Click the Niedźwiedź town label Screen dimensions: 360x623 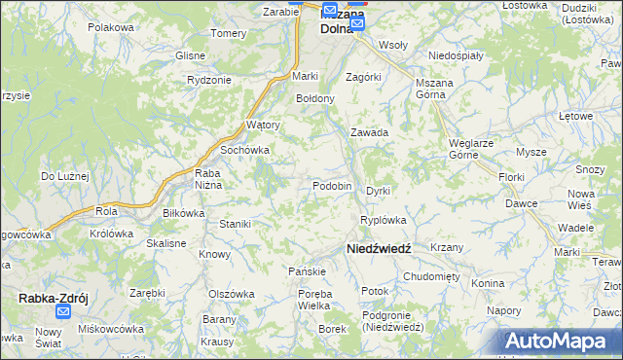pos(379,249)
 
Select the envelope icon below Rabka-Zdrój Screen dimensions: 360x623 pos(63,312)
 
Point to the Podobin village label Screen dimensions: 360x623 pos(331,186)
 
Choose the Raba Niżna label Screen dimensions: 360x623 pos(209,178)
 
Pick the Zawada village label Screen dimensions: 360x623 pos(370,132)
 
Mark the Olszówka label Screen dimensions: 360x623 pos(231,293)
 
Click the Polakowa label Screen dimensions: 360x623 pos(110,27)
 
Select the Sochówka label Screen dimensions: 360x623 pos(244,151)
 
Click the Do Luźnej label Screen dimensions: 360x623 pos(64,176)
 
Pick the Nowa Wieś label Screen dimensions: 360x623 pos(581,198)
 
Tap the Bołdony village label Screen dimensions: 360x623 pos(315,98)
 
